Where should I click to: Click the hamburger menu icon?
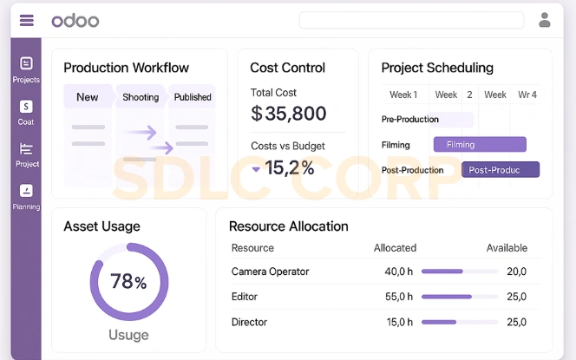click(26, 20)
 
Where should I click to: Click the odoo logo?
click(75, 20)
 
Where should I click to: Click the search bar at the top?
click(411, 20)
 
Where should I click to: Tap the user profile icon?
click(545, 20)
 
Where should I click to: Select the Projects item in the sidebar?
click(26, 69)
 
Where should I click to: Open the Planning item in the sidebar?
click(26, 196)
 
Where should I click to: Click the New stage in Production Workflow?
click(88, 97)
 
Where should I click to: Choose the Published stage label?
click(193, 97)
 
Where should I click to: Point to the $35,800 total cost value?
click(288, 114)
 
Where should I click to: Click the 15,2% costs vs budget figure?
click(290, 167)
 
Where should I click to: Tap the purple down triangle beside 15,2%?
click(256, 169)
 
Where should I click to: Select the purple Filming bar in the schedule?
click(480, 145)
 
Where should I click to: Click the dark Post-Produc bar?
click(501, 170)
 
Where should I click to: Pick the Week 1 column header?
click(403, 95)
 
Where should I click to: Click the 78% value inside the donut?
click(128, 282)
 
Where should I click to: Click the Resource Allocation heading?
click(288, 226)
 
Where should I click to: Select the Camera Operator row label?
click(270, 272)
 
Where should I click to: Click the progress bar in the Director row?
click(459, 322)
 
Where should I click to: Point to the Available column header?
click(507, 248)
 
